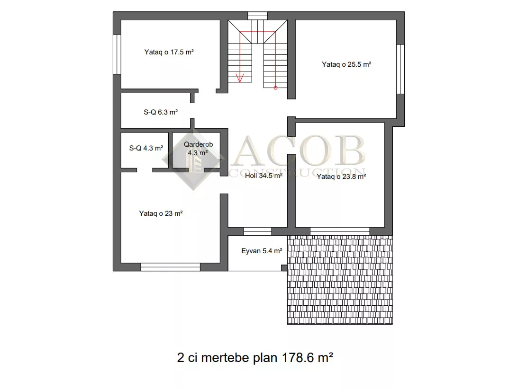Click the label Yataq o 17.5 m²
169,52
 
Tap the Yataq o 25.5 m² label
346,64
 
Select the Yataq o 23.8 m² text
341,177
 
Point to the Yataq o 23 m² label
161,213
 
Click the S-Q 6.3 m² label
161,112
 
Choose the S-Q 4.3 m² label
146,148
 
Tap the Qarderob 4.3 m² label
198,148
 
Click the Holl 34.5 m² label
263,176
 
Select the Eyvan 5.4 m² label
262,251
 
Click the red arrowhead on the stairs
240,78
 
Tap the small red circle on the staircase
276,88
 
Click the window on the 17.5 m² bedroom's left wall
117,54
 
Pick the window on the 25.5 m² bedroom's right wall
400,69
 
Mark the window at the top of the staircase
257,16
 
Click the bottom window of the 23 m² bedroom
171,267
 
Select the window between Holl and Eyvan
257,231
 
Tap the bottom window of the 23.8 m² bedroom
340,231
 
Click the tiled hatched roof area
340,280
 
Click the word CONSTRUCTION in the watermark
297,172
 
